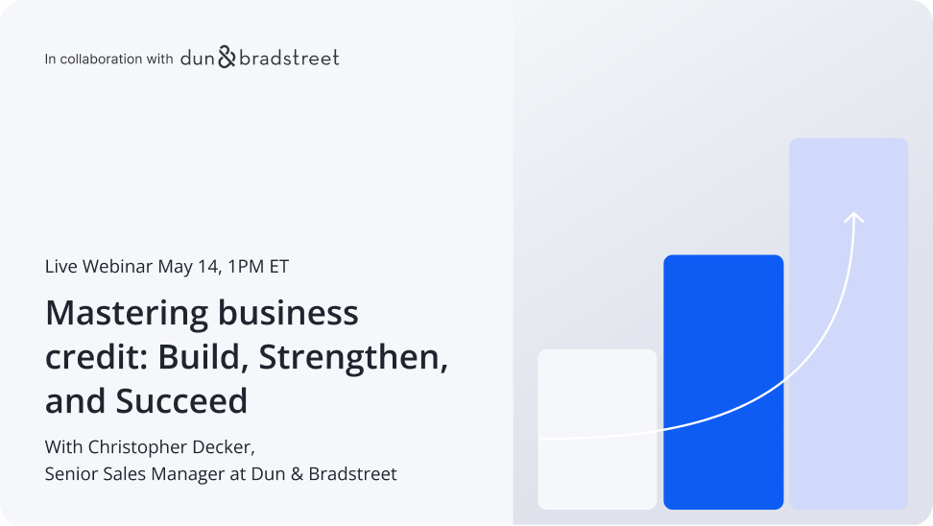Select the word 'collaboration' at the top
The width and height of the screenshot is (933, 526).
(x=101, y=60)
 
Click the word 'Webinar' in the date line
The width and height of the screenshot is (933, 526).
(x=118, y=267)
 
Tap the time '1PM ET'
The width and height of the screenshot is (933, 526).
(x=256, y=267)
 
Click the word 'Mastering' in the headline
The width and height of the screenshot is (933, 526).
(x=127, y=313)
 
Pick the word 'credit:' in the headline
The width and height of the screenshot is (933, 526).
(x=96, y=357)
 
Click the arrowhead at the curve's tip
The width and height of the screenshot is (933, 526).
(x=853, y=218)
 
